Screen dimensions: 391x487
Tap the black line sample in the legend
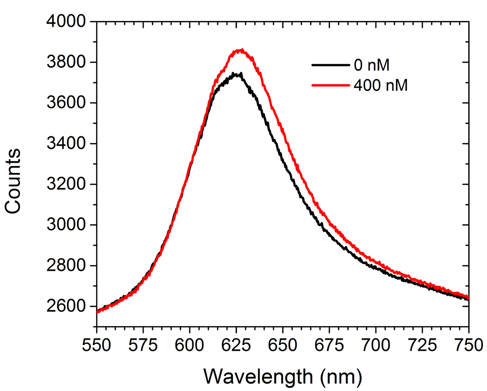click(330, 65)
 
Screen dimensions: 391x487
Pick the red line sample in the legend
click(330, 85)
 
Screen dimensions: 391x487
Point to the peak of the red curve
click(242, 50)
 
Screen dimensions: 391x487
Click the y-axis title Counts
click(13, 180)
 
